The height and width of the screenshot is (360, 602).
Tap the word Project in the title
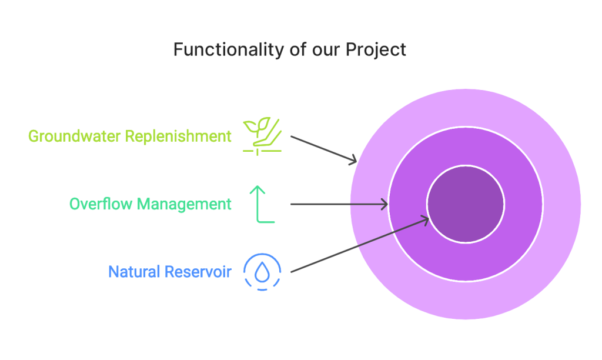click(376, 50)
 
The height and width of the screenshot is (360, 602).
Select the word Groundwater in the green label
click(75, 136)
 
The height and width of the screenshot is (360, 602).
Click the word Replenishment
click(178, 137)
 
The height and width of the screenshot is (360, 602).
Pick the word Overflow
click(101, 204)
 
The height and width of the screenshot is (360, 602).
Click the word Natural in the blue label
click(134, 272)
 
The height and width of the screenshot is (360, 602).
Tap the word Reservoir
click(198, 272)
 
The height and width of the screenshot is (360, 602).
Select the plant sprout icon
click(262, 136)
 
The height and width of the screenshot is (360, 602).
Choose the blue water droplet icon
click(262, 272)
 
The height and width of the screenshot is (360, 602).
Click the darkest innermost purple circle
click(466, 204)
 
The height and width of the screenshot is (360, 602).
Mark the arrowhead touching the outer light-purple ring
click(353, 161)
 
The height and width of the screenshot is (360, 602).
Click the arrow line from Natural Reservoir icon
click(360, 245)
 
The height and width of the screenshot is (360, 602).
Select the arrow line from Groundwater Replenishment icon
click(324, 149)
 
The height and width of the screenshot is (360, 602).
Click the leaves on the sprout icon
click(257, 125)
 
